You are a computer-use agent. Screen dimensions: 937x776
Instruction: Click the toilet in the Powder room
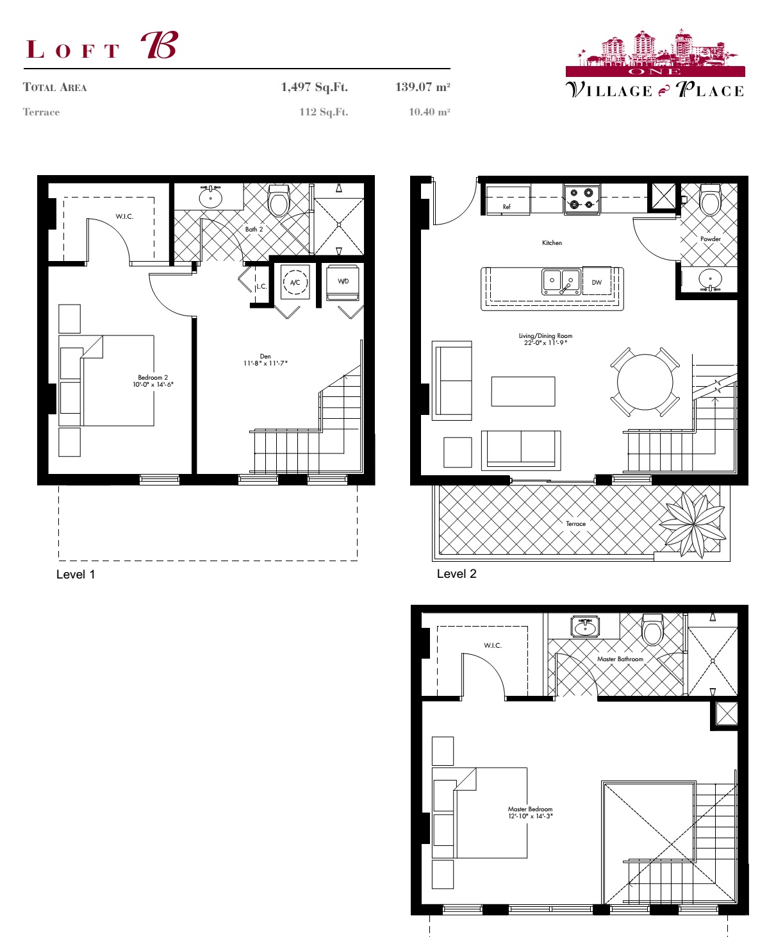tap(710, 200)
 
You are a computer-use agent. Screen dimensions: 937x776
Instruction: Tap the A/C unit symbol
tap(295, 282)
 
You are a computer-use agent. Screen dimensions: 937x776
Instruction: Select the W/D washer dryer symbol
tap(343, 282)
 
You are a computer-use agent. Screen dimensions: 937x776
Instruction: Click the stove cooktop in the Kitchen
tap(582, 199)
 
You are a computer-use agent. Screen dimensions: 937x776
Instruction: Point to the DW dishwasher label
tap(597, 282)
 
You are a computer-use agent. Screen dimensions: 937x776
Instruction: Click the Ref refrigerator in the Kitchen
tap(508, 201)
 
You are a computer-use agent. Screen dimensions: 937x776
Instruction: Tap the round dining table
tap(645, 382)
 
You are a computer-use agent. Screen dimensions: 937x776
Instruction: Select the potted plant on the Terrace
tap(693, 523)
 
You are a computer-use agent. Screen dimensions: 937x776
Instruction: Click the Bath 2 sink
tap(210, 197)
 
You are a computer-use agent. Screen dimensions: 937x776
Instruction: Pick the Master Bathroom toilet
tap(652, 630)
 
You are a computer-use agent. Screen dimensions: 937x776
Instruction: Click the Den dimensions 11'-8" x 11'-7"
tap(265, 364)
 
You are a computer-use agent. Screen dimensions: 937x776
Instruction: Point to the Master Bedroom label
tap(530, 809)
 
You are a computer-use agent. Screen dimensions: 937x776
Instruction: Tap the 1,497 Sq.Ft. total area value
tap(314, 87)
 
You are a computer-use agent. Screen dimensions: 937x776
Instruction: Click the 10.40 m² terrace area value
tap(429, 112)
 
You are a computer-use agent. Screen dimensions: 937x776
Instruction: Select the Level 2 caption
tap(456, 574)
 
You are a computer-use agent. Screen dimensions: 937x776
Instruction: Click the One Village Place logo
tap(655, 64)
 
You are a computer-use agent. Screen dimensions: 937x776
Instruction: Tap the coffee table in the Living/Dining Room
tap(523, 391)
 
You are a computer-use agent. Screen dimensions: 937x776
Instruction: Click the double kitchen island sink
tap(561, 281)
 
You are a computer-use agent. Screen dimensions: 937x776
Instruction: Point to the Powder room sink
tap(710, 280)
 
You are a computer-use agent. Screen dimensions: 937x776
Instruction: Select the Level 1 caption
tap(76, 575)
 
